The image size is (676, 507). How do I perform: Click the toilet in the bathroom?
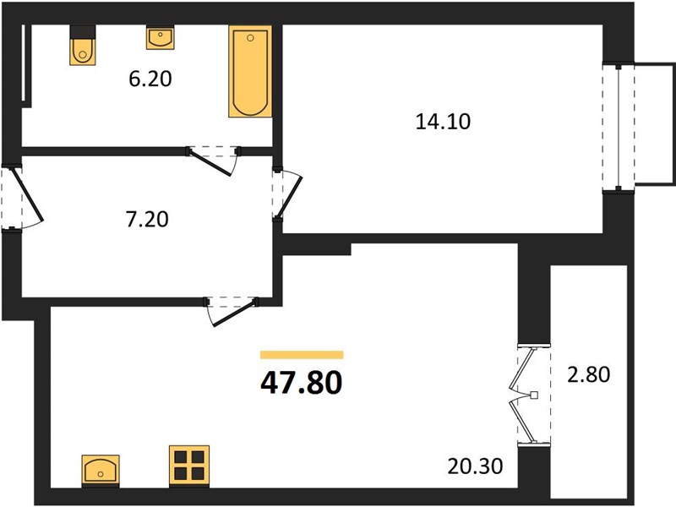point(82,52)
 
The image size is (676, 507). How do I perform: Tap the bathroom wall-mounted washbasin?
point(160,37)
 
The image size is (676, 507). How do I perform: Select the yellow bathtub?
point(250,71)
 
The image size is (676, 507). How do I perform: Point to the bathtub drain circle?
point(250,38)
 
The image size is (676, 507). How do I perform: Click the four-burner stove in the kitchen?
point(189,465)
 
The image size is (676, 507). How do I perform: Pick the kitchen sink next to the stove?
point(101,470)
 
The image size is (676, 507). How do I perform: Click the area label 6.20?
point(150,79)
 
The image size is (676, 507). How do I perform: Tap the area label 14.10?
point(443,122)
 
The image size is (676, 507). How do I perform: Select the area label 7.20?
point(147,219)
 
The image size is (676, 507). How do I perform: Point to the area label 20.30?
point(475,466)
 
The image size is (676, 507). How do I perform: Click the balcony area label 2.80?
point(588,374)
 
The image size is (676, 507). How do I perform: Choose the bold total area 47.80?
point(302,383)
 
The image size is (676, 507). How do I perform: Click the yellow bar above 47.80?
point(302,355)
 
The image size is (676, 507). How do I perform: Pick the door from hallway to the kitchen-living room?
point(231,311)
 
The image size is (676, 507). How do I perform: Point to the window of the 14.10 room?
point(619,128)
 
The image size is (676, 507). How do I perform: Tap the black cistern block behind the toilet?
point(82,32)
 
